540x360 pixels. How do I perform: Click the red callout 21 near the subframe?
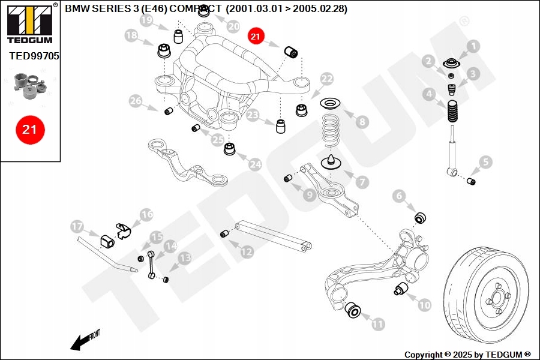(256, 36)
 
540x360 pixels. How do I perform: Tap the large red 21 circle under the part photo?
(30, 129)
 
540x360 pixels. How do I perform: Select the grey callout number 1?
(473, 46)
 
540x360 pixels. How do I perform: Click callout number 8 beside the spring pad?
(361, 122)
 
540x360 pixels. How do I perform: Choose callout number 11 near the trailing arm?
(377, 325)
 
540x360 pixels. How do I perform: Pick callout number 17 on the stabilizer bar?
(76, 226)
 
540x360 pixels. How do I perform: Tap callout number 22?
(326, 79)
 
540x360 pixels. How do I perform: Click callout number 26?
(136, 101)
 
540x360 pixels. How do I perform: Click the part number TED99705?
(34, 56)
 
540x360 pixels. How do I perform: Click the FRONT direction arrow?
(85, 339)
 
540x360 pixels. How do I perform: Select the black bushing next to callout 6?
(421, 217)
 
